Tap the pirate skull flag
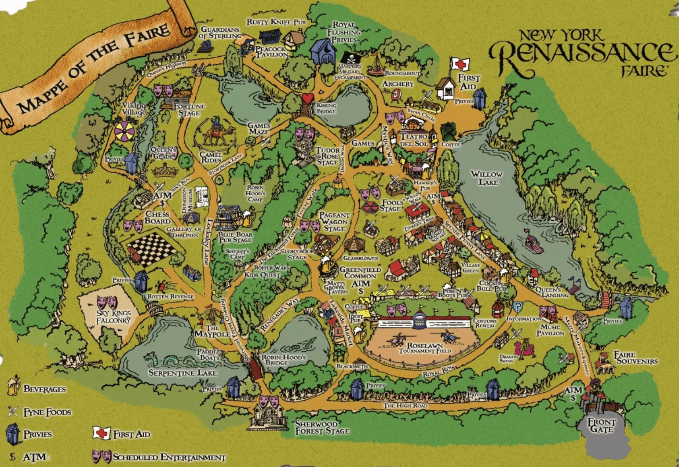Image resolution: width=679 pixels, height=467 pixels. pyautogui.click(x=350, y=58)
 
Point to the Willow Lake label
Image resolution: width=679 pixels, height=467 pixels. pyautogui.click(x=486, y=178)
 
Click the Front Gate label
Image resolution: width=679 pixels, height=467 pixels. pyautogui.click(x=602, y=425)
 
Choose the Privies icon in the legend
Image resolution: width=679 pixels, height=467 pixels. pyautogui.click(x=13, y=434)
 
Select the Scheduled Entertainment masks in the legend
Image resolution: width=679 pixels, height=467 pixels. pyautogui.click(x=102, y=456)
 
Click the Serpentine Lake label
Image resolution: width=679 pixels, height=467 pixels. pyautogui.click(x=183, y=373)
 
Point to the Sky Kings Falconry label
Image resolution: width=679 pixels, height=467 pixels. pyautogui.click(x=113, y=317)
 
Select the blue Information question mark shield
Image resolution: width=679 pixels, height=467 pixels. pyautogui.click(x=518, y=306)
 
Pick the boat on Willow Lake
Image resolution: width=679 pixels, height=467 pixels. pyautogui.click(x=533, y=243)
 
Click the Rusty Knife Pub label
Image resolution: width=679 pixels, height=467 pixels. pyautogui.click(x=276, y=22)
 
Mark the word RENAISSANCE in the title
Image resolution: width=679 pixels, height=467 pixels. pyautogui.click(x=581, y=54)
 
